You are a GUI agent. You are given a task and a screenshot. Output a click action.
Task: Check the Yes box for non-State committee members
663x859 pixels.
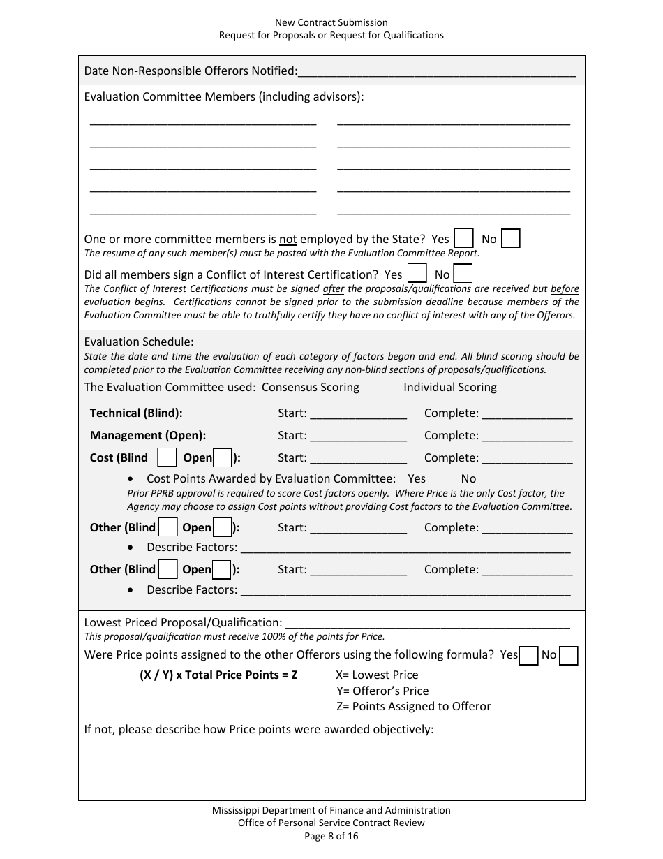coord(463,239)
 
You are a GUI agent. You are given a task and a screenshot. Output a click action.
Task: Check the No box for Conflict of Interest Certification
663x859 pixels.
coord(463,274)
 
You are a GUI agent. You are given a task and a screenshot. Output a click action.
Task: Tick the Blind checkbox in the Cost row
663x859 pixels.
coord(167,458)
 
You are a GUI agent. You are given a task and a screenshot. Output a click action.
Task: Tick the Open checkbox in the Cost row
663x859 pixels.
coord(222,458)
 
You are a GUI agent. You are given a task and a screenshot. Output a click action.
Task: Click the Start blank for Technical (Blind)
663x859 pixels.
coord(358,413)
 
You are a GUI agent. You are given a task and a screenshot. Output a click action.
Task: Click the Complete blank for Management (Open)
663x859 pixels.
coord(527,436)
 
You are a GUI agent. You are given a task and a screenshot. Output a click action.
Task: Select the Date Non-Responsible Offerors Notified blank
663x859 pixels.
coord(437,71)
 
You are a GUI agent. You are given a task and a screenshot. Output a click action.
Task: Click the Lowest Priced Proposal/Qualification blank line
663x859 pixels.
coord(427,622)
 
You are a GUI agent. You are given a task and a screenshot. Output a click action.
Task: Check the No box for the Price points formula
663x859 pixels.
coord(569,655)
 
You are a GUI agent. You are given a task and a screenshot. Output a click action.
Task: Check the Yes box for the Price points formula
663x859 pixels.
coord(529,655)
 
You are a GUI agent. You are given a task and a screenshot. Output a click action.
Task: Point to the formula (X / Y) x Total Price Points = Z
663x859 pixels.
coord(218,675)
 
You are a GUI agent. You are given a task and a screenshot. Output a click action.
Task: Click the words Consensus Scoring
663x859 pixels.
coord(310,387)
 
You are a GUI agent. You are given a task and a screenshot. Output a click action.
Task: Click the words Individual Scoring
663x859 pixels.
coord(449,387)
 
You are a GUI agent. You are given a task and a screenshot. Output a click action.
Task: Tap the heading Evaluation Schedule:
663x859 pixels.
coord(139,342)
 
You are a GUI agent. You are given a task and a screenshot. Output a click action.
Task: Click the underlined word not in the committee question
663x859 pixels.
coord(288,239)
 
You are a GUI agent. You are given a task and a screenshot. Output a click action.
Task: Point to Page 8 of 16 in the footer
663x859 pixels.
coord(331,836)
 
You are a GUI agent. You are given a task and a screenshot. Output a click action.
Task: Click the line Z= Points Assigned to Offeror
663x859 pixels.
coord(413,706)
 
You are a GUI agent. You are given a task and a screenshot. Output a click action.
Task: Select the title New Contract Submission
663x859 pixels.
coord(331,23)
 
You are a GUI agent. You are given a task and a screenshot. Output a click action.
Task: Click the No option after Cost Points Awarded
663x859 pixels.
coord(468,478)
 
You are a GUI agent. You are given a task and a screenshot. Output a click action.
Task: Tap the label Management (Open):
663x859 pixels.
coord(148,435)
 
